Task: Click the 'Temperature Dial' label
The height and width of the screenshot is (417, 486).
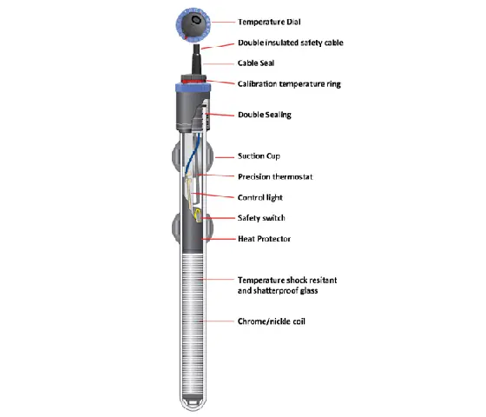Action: [x=269, y=22]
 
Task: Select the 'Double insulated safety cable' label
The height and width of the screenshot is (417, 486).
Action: [x=291, y=43]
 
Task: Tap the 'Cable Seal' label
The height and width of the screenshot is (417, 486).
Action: [x=256, y=63]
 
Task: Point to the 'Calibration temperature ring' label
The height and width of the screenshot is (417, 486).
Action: [x=289, y=84]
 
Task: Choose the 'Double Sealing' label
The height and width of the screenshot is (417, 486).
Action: [x=265, y=115]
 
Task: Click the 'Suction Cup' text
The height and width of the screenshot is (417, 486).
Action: [x=259, y=156]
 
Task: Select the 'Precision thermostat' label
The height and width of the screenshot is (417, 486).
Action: [x=275, y=177]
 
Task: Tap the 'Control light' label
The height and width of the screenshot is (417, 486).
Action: [x=260, y=198]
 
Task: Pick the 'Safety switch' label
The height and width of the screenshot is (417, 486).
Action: [x=261, y=218]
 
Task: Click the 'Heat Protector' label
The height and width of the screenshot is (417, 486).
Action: [x=264, y=239]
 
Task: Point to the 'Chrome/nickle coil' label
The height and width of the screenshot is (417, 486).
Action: [x=271, y=321]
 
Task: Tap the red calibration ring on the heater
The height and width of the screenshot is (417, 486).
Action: [x=194, y=82]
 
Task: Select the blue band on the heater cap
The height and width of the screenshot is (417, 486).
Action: [x=193, y=88]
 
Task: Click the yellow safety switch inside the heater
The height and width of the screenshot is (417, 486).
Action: [x=198, y=215]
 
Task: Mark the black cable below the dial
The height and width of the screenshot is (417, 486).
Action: [x=196, y=59]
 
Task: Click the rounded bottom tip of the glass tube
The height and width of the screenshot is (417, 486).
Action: [x=193, y=407]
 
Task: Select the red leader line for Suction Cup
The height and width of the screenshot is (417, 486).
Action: [x=225, y=157]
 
